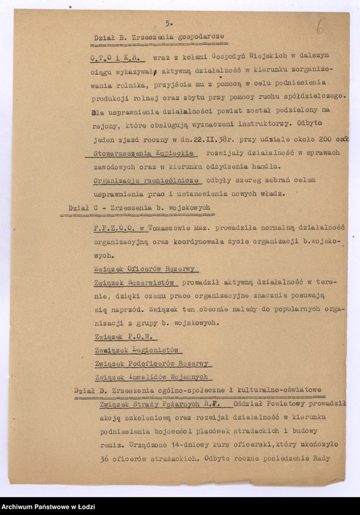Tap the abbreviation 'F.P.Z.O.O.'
(x=119, y=227)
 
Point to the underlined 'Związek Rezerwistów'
(x=136, y=283)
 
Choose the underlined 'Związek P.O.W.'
(x=125, y=337)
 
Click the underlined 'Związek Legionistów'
(x=137, y=350)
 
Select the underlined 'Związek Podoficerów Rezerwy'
(x=151, y=364)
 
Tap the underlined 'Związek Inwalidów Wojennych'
(x=151, y=377)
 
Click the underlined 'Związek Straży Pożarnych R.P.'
(x=165, y=404)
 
